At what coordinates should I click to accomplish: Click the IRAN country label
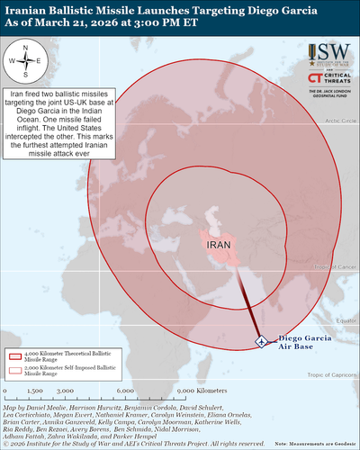[x=220, y=244]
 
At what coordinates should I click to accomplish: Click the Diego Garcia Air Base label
[x=292, y=340]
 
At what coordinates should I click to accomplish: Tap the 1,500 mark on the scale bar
[x=37, y=392]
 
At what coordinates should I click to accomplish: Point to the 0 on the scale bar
[x=6, y=392]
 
